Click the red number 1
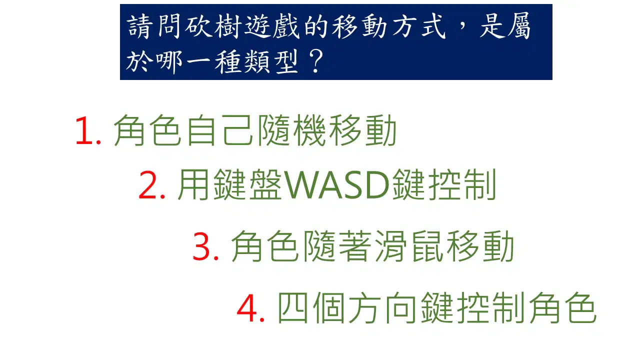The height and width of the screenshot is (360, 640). pos(85,130)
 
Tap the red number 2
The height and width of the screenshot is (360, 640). pos(147,184)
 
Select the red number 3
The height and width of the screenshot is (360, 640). pos(201,246)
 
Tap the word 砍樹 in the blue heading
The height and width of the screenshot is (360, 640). pos(212,26)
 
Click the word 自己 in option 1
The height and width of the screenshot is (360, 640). pos(220,130)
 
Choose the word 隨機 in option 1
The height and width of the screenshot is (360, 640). pos(291,130)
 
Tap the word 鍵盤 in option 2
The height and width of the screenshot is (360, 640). pos(247,184)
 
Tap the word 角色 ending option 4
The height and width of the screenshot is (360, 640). pos(563,308)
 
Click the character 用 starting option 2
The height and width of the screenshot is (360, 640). pos(193,184)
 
